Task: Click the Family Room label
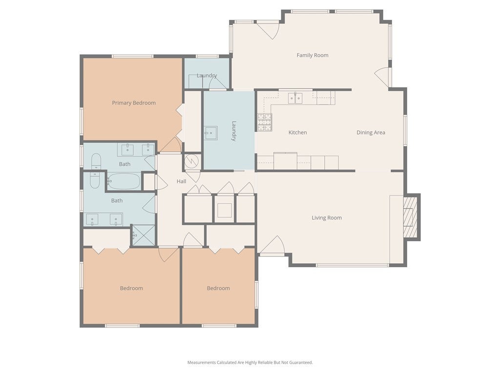pyautogui.click(x=312, y=55)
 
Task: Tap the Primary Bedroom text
pyautogui.click(x=134, y=103)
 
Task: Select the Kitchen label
pyautogui.click(x=297, y=132)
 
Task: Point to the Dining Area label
pyautogui.click(x=371, y=132)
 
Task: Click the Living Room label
pyautogui.click(x=327, y=218)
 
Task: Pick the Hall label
pyautogui.click(x=181, y=181)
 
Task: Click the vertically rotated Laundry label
pyautogui.click(x=234, y=131)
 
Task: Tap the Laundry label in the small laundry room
pyautogui.click(x=207, y=75)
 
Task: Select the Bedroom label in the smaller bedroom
pyautogui.click(x=218, y=288)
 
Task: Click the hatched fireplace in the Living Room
pyautogui.click(x=411, y=217)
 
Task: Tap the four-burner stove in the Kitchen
pyautogui.click(x=265, y=122)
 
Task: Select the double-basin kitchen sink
pyautogui.click(x=295, y=98)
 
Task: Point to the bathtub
pyautogui.click(x=124, y=182)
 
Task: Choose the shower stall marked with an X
pyautogui.click(x=144, y=235)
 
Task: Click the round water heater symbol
pyautogui.click(x=192, y=161)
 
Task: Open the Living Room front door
pyautogui.click(x=271, y=247)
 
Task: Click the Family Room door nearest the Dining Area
pyautogui.click(x=383, y=77)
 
